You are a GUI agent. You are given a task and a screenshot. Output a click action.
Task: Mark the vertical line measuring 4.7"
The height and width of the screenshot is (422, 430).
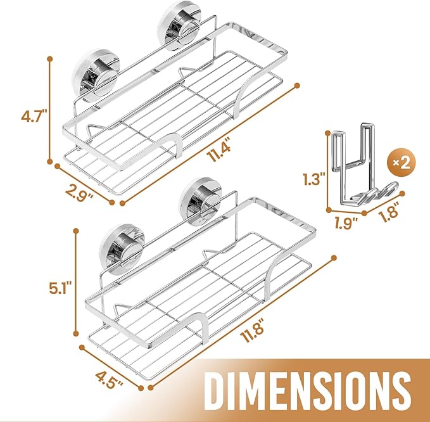49,109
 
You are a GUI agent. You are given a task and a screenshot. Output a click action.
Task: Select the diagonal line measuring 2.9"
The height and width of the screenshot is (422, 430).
85,184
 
